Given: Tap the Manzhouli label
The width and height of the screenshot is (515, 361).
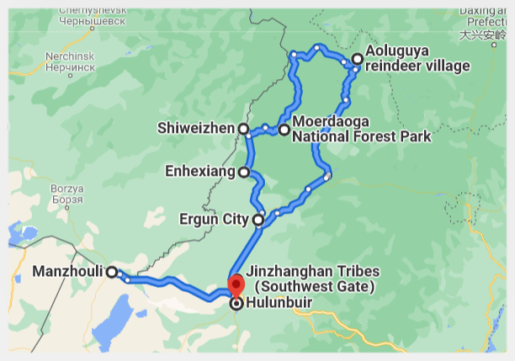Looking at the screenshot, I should [66, 272].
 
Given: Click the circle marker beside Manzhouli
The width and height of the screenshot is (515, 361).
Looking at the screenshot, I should [111, 272].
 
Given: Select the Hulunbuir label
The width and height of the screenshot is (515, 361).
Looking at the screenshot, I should [282, 304].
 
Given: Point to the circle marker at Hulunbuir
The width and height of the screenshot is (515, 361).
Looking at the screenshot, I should [236, 304].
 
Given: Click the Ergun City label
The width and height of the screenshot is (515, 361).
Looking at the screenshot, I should [214, 220].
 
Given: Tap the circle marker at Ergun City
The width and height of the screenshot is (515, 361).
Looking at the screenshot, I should [258, 220].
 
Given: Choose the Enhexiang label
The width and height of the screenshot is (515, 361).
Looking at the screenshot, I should [200, 173].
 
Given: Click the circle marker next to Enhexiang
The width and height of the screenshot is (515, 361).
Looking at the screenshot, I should [243, 173].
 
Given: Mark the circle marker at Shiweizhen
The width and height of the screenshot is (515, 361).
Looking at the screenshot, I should [242, 129].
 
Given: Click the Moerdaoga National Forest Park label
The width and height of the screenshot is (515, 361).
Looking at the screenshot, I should [360, 130].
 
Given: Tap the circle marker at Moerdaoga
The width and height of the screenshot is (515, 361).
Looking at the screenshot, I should [284, 130].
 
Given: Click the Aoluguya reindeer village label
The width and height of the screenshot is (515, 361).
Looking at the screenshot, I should [417, 59].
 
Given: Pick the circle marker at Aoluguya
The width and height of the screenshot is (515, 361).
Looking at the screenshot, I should [357, 59].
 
